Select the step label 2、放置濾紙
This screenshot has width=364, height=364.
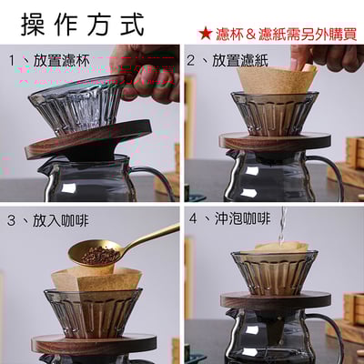tap(232, 62)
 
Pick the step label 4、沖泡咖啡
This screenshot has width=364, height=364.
tap(232, 219)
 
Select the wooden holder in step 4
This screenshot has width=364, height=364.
tap(273, 299)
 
